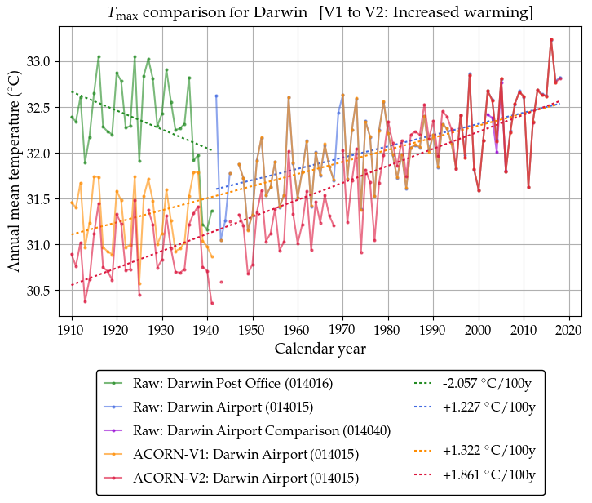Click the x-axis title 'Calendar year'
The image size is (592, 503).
pyautogui.click(x=320, y=349)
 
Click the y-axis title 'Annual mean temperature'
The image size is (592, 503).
pyautogui.click(x=15, y=171)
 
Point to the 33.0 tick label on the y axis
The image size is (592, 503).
pyautogui.click(x=38, y=62)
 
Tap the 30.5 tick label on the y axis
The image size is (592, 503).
pyautogui.click(x=38, y=291)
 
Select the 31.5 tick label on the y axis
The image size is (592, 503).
pyautogui.click(x=38, y=199)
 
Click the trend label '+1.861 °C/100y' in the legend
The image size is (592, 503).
pyautogui.click(x=488, y=474)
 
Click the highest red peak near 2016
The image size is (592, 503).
pyautogui.click(x=551, y=39)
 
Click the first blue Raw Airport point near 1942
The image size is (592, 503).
pyautogui.click(x=216, y=96)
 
